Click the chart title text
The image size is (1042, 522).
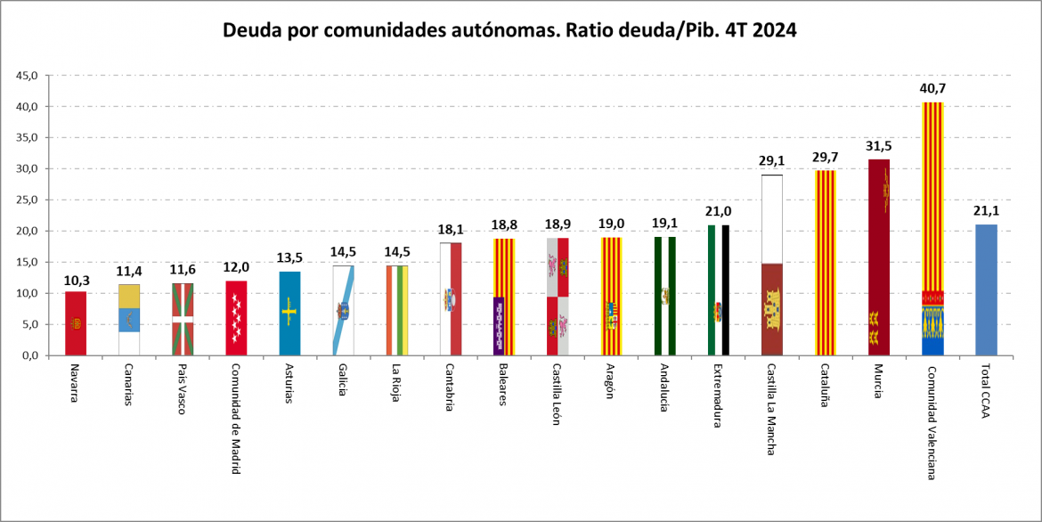[x=509, y=30]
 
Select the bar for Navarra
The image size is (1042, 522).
[x=76, y=324]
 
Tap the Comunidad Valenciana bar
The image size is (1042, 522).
[x=933, y=230]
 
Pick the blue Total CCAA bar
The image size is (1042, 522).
[x=986, y=290]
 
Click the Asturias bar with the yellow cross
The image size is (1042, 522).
[x=289, y=314]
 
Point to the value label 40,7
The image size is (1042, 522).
[x=933, y=88]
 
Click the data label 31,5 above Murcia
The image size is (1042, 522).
[x=878, y=145]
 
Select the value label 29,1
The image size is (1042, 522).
[x=772, y=161]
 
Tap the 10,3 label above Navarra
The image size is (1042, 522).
[x=76, y=281]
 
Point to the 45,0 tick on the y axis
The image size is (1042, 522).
[x=28, y=75]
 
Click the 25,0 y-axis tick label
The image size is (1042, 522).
[x=28, y=200]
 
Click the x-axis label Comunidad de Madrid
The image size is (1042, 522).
[x=235, y=419]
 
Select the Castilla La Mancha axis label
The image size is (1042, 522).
[x=771, y=409]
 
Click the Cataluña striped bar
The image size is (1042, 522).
[x=826, y=264]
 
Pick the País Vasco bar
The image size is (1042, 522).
[x=183, y=320]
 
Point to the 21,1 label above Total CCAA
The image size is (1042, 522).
[x=986, y=211]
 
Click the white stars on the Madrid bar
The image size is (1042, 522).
[x=236, y=318]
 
